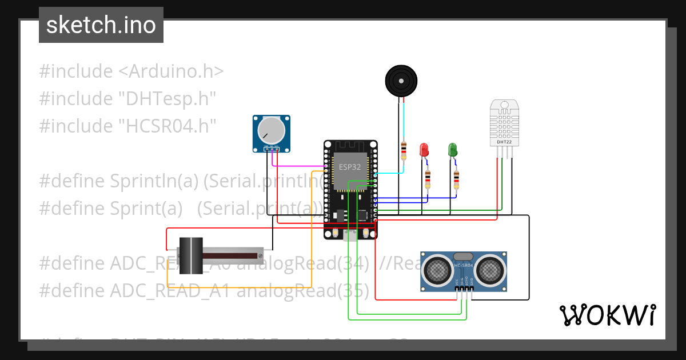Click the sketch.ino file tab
tap(101, 25)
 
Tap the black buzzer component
tap(401, 80)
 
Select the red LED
tap(424, 150)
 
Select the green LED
tap(453, 150)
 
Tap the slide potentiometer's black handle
tap(191, 257)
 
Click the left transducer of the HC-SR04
tap(438, 269)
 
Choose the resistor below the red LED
tap(428, 179)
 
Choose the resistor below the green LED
tap(456, 179)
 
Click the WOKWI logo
tap(607, 315)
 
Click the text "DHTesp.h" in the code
tap(167, 99)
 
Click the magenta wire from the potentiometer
tap(297, 166)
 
